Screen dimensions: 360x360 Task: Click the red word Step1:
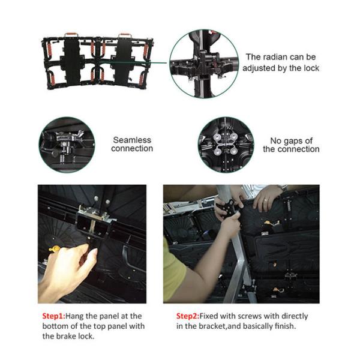pos(54,316)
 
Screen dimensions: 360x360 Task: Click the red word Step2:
pos(188,316)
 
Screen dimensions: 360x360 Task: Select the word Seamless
pos(132,140)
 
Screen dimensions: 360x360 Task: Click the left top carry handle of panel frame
pos(71,35)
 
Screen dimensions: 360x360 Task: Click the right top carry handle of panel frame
pos(125,35)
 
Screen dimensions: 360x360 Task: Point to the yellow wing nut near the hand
pos(54,248)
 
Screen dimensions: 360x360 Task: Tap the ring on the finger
pos(265,200)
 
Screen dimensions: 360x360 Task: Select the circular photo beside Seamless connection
pos(67,145)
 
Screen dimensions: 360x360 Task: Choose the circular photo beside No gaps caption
pos(226,145)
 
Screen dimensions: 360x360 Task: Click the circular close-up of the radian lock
pos(204,64)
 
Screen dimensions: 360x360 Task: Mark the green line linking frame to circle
pos(158,62)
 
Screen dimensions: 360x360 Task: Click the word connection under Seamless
pos(132,149)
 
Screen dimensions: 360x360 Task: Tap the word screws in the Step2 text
pos(250,316)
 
